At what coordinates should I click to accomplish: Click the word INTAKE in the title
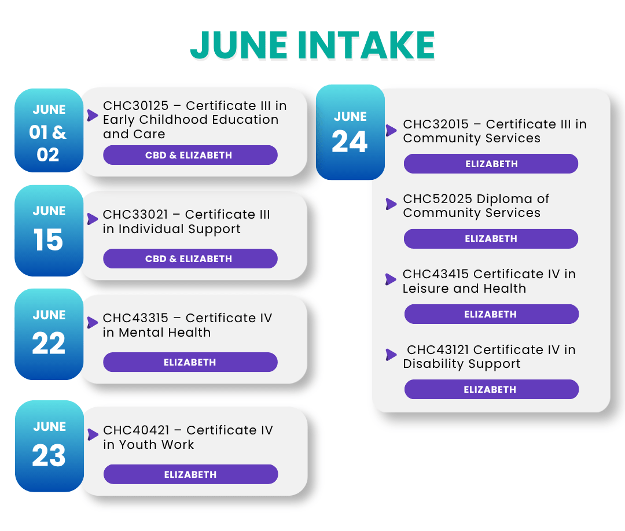tap(366, 45)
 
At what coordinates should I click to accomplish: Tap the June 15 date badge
tap(49, 231)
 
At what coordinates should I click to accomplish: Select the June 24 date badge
tap(350, 132)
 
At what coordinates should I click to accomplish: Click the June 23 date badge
tap(49, 446)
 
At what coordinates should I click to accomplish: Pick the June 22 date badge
tap(49, 334)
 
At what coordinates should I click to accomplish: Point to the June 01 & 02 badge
tap(49, 131)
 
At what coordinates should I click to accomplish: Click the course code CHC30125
tap(136, 105)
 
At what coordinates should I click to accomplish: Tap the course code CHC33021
tap(135, 215)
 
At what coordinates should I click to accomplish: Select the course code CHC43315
tap(135, 318)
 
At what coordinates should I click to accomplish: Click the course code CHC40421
tap(137, 430)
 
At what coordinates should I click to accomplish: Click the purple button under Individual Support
tap(190, 259)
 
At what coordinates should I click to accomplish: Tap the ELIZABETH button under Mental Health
tap(190, 362)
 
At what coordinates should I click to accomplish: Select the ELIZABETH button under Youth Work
tap(191, 474)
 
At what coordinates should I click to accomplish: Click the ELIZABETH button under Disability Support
tap(491, 389)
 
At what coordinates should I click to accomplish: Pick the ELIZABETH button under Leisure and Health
tap(491, 314)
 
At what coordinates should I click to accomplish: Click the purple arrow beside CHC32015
tap(391, 130)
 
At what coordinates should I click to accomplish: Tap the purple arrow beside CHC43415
tap(391, 279)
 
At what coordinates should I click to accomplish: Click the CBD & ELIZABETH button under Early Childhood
tap(190, 155)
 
